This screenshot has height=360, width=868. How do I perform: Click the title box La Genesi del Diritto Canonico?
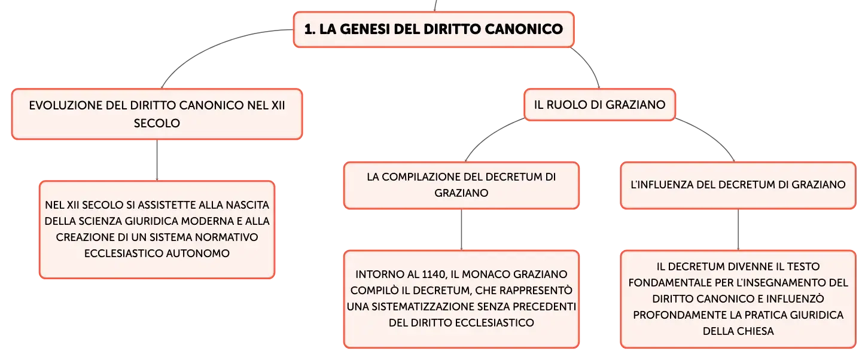coord(434,29)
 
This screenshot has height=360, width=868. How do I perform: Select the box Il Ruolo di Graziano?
coord(599,105)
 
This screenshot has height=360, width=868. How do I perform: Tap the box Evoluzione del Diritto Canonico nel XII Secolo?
coord(157,114)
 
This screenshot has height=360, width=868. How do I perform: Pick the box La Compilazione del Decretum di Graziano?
coord(461,185)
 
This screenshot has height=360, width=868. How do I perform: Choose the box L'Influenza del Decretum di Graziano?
coord(738,185)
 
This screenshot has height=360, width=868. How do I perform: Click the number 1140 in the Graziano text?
coord(434,274)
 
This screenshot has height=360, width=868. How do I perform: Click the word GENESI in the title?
coord(365,29)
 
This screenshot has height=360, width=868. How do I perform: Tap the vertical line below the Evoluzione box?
coord(157,160)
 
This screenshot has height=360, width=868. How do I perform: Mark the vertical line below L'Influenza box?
coord(738,230)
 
